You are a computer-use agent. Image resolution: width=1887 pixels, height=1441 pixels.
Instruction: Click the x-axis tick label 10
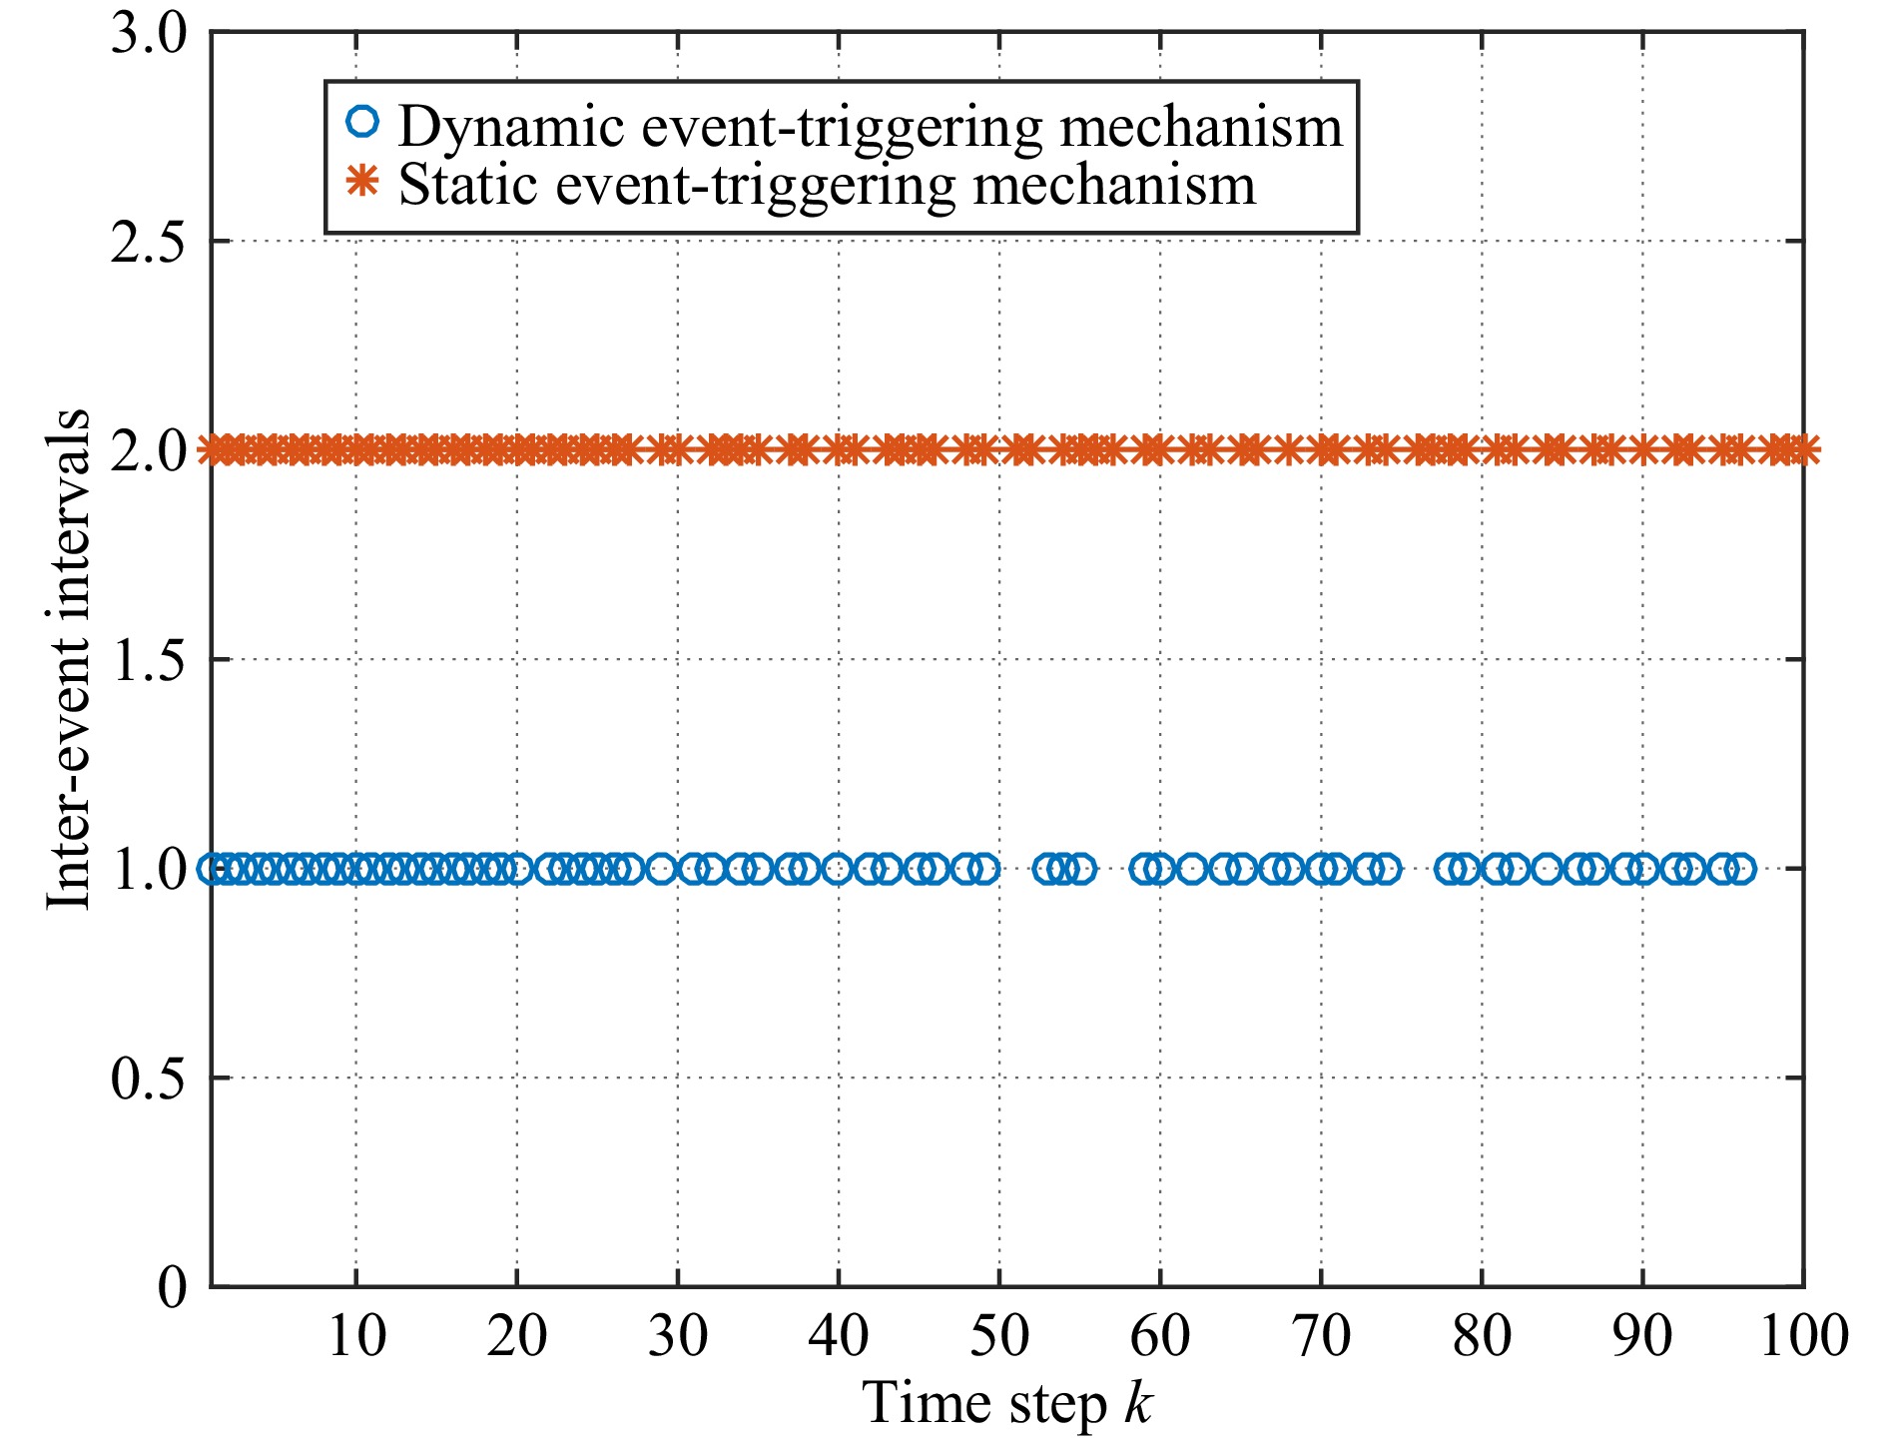pyautogui.click(x=356, y=1335)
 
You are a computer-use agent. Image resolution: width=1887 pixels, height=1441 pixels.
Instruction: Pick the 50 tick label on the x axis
pyautogui.click(x=999, y=1335)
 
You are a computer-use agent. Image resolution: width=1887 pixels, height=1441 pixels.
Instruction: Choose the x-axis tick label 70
pyautogui.click(x=1321, y=1335)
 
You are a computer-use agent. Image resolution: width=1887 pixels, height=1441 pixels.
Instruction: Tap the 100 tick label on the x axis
pyautogui.click(x=1803, y=1335)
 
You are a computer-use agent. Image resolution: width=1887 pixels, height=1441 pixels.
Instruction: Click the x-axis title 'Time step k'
pyautogui.click(x=1007, y=1403)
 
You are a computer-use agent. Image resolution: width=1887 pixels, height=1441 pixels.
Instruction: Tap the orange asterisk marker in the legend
pyautogui.click(x=362, y=182)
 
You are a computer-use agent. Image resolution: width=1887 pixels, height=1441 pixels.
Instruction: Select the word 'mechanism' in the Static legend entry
pyautogui.click(x=1114, y=185)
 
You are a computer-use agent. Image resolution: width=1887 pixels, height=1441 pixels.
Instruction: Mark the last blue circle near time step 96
pyautogui.click(x=1739, y=869)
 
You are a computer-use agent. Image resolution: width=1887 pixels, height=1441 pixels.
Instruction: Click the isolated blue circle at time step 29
pyautogui.click(x=661, y=869)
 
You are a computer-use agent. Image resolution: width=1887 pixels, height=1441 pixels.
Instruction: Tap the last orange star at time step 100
pyautogui.click(x=1803, y=451)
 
